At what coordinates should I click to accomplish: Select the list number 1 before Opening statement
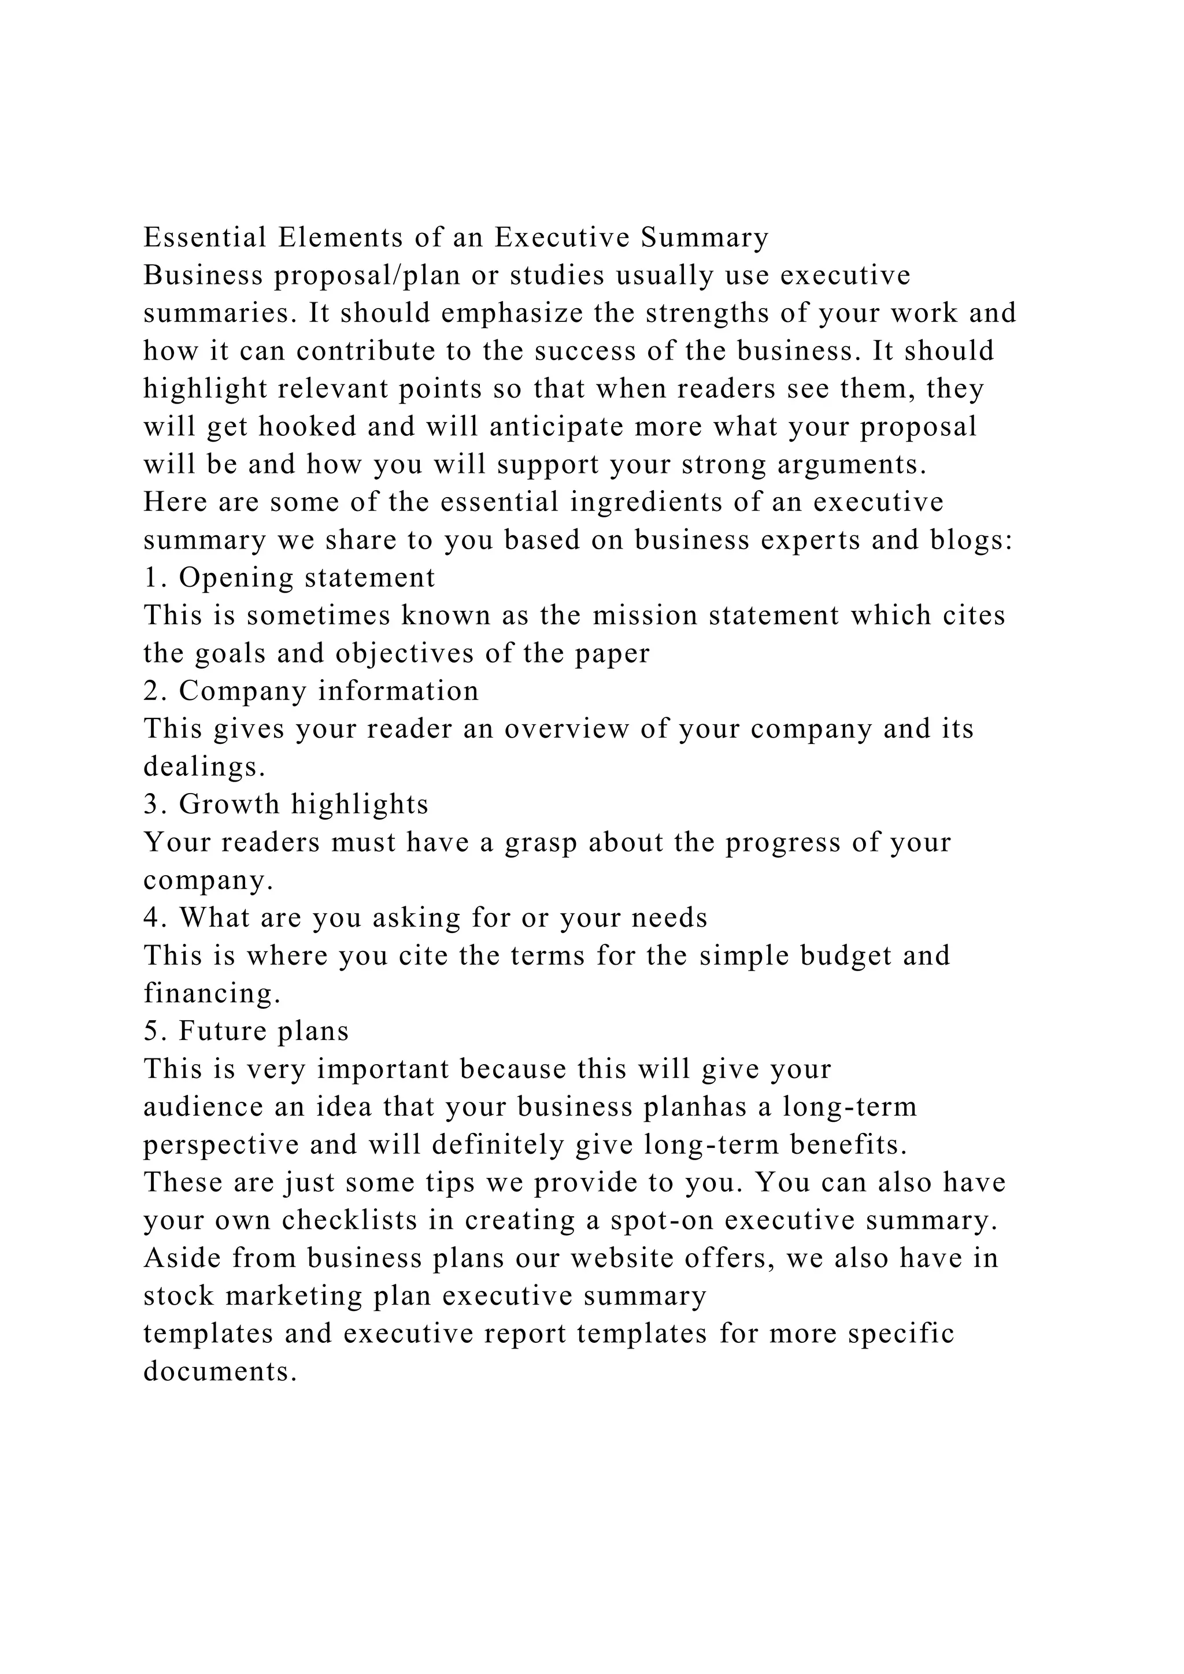click(151, 578)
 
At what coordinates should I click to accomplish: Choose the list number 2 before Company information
click(151, 691)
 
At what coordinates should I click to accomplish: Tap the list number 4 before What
click(151, 918)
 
